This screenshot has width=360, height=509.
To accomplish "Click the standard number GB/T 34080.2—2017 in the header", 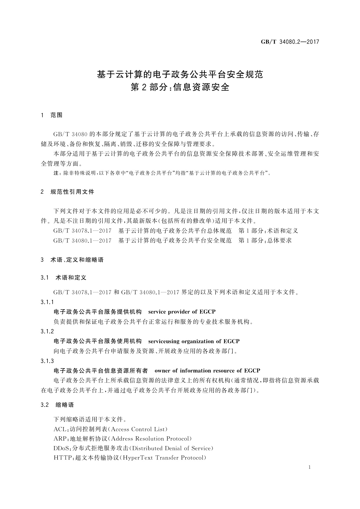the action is click(x=290, y=42).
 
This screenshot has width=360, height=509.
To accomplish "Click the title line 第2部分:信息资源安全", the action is click(x=180, y=87).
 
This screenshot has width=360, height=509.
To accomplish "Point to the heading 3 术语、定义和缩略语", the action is click(x=72, y=260).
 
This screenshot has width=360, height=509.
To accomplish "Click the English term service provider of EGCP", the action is click(x=182, y=312).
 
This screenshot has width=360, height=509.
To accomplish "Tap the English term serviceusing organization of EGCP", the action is click(x=194, y=341).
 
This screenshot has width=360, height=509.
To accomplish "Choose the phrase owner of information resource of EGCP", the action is click(x=207, y=371).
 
